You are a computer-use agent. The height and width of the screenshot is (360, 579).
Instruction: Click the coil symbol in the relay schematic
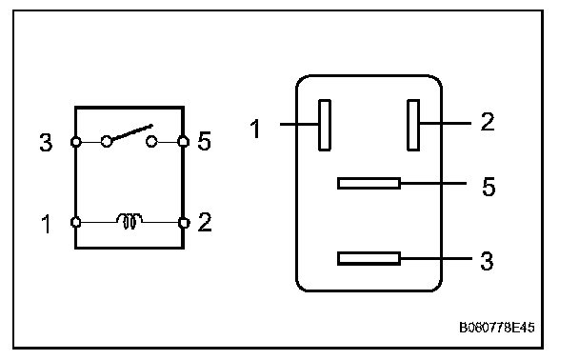coord(130,221)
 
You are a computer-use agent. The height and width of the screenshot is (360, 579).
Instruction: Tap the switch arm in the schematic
coord(132,132)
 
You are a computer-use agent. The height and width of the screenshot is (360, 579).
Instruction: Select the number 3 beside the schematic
coord(46,143)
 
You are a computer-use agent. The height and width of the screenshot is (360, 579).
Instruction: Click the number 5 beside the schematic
coord(204,141)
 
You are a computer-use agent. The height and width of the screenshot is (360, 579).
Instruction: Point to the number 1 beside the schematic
coord(46,224)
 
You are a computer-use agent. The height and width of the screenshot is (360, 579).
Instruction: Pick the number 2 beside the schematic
coord(205,222)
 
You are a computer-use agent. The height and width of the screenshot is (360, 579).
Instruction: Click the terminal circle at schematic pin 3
coord(75,142)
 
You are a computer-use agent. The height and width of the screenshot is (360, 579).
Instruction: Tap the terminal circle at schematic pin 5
coord(183,141)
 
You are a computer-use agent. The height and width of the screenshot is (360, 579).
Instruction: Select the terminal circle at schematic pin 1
coord(75,222)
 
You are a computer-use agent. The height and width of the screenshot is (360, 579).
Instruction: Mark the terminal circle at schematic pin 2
coord(184,223)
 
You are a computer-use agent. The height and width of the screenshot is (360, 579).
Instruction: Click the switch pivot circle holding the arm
coord(107,141)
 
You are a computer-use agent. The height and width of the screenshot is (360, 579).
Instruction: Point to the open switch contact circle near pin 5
coord(151,141)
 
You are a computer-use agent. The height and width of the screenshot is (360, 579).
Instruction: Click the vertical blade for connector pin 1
coord(325,125)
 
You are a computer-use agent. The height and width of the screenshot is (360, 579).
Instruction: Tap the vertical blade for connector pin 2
coord(413,125)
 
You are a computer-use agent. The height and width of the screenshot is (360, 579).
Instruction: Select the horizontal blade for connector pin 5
coord(369,184)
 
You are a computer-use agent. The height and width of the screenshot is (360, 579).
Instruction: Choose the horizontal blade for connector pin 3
coord(369,258)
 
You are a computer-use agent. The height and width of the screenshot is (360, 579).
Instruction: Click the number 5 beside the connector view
coord(489,187)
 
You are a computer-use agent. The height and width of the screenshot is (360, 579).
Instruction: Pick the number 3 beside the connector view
coord(487,261)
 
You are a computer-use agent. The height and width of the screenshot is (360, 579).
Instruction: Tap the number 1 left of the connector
coord(255,129)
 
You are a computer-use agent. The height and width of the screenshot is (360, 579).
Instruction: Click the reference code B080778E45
coord(497,328)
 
